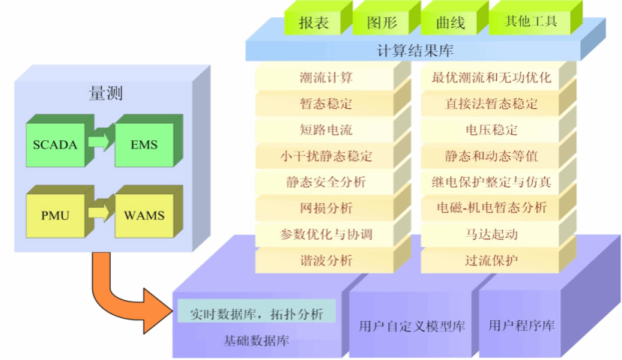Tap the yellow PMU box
(x=55, y=216)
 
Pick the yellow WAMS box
(x=143, y=216)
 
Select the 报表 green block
(x=313, y=23)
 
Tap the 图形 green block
(x=381, y=23)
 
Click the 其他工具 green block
(x=533, y=22)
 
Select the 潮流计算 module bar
(x=326, y=78)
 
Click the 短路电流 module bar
(x=326, y=130)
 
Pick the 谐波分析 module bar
(x=326, y=261)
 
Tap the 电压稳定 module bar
(x=491, y=130)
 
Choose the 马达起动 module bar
(x=491, y=235)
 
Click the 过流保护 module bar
(x=491, y=261)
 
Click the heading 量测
(x=106, y=94)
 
